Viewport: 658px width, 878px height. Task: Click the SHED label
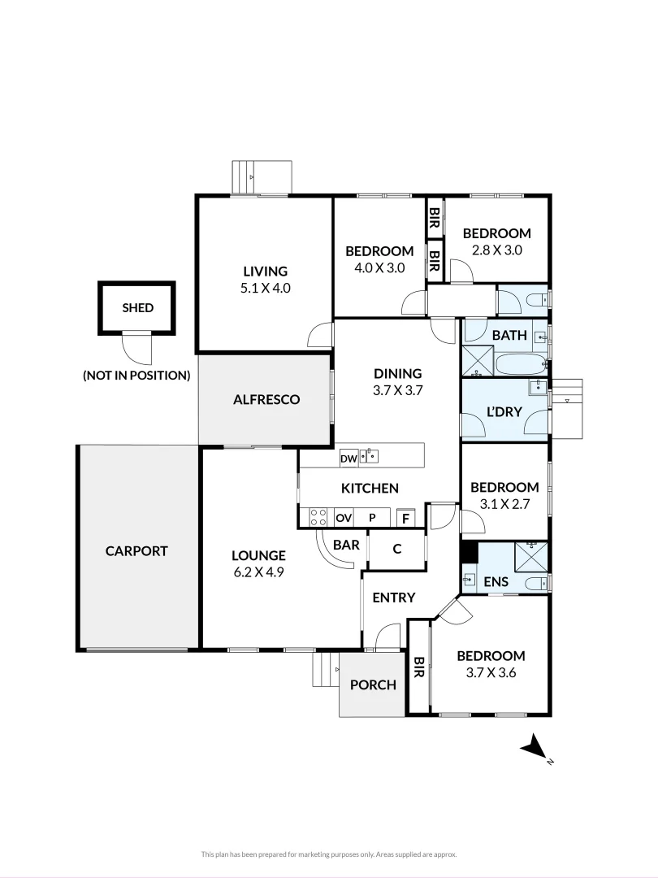pyautogui.click(x=137, y=308)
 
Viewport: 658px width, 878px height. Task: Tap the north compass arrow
pyautogui.click(x=533, y=746)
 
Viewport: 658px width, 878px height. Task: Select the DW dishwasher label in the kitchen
pyautogui.click(x=348, y=459)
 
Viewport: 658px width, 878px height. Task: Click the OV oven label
pyautogui.click(x=344, y=518)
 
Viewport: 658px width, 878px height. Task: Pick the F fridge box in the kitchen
pyautogui.click(x=405, y=518)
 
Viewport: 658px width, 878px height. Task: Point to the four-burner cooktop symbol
pyautogui.click(x=318, y=517)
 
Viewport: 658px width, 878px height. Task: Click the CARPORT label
pyautogui.click(x=136, y=550)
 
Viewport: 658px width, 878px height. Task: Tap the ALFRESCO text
pyautogui.click(x=266, y=399)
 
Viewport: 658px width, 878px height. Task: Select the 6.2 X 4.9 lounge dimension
pyautogui.click(x=258, y=572)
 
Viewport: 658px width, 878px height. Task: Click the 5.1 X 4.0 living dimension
pyautogui.click(x=265, y=287)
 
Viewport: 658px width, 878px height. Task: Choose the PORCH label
pyautogui.click(x=373, y=685)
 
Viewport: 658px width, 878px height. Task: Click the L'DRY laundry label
pyautogui.click(x=504, y=412)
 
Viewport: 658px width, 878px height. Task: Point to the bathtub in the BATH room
pyautogui.click(x=521, y=364)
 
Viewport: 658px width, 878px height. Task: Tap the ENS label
pyautogui.click(x=496, y=582)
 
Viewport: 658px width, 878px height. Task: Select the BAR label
pyautogui.click(x=346, y=545)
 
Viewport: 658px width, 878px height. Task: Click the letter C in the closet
pyautogui.click(x=397, y=549)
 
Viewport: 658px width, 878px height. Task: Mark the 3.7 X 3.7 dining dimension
pyautogui.click(x=398, y=389)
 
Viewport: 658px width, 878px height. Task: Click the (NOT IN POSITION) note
pyautogui.click(x=136, y=376)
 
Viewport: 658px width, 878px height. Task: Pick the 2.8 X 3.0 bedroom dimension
pyautogui.click(x=497, y=250)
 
